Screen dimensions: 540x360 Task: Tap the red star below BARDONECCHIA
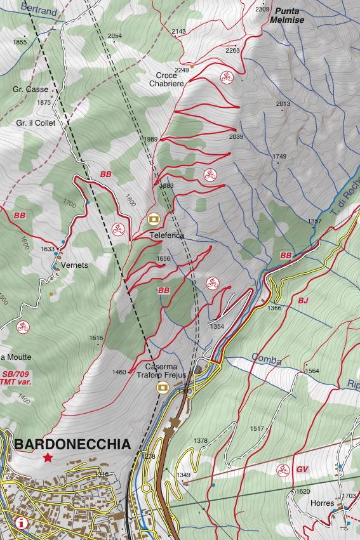tap(48, 457)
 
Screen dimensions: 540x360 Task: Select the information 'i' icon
tap(23, 524)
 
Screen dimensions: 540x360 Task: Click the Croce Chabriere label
tap(166, 79)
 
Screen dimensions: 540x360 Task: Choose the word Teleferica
tap(166, 235)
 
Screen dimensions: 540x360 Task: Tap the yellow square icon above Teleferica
tap(153, 219)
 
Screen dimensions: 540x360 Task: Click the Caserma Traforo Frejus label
tap(161, 371)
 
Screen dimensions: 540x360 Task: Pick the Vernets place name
tap(76, 265)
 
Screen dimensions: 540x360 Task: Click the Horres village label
tap(323, 503)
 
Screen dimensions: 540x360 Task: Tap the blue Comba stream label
tap(265, 360)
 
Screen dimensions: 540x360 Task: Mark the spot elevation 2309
tap(262, 9)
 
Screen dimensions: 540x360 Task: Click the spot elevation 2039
tap(236, 136)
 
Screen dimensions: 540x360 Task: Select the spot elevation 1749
tap(279, 156)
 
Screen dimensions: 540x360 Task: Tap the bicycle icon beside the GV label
tap(281, 470)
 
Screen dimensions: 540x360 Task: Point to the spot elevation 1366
tap(274, 308)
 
